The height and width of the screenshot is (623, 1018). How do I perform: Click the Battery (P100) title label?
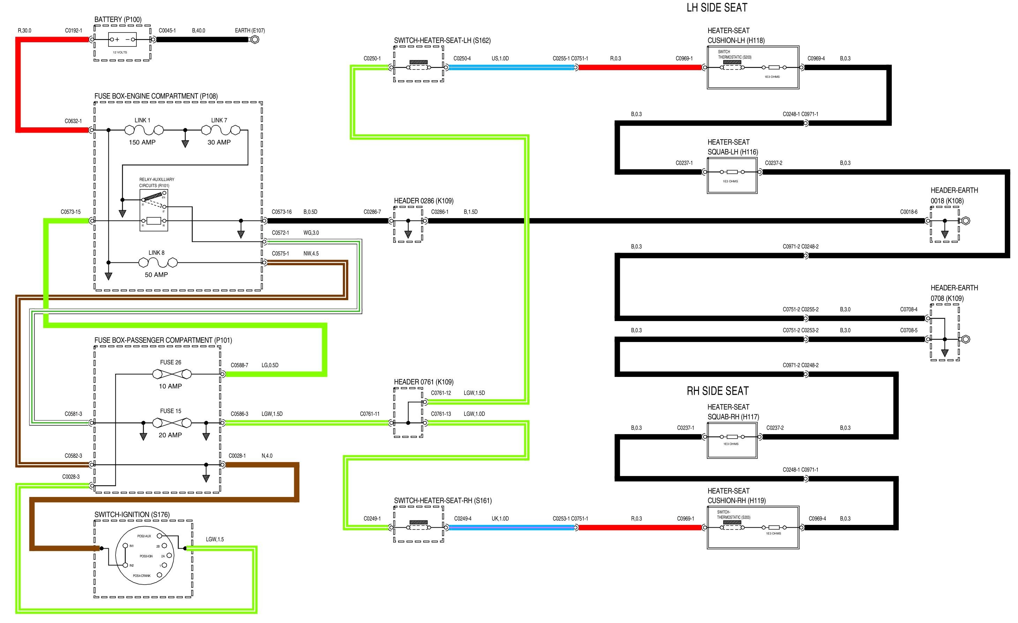(118, 20)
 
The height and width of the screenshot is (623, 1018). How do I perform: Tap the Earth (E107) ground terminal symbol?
(255, 40)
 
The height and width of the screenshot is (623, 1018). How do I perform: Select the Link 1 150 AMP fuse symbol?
(144, 130)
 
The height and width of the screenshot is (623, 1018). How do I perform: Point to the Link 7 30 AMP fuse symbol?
(220, 130)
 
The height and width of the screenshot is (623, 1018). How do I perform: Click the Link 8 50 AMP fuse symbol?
(158, 262)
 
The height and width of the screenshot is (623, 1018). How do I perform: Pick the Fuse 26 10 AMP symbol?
(172, 374)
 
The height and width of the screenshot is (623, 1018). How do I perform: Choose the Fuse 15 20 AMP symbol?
(172, 423)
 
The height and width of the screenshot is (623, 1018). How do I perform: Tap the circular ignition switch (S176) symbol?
(144, 556)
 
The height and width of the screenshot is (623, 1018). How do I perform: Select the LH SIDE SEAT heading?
(717, 7)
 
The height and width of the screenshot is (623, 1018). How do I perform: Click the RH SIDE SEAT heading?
(718, 391)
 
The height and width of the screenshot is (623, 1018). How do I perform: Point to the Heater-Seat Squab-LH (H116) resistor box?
(732, 175)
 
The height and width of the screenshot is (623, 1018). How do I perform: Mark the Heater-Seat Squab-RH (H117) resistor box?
(732, 440)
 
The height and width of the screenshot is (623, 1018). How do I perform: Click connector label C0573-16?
(281, 212)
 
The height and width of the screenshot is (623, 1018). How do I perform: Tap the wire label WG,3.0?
(311, 233)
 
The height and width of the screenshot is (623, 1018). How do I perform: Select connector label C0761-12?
(441, 393)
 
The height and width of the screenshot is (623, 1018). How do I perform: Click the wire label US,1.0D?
(500, 58)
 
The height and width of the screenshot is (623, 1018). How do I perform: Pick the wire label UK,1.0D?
(500, 518)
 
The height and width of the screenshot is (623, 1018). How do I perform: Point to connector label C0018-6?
(908, 212)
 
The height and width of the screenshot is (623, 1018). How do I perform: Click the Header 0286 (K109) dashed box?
(408, 224)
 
